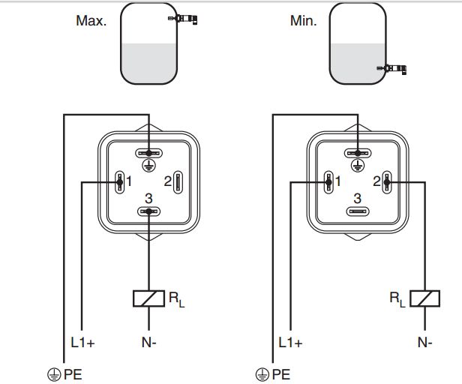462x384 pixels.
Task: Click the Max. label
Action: tap(91, 21)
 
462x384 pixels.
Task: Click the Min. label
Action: tap(303, 21)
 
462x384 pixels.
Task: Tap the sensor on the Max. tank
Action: tap(183, 19)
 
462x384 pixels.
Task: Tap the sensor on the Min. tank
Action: tap(391, 69)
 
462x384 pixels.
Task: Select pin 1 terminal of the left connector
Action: tap(120, 182)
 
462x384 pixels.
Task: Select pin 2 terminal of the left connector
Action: tap(178, 182)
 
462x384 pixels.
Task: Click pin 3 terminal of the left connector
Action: tap(148, 211)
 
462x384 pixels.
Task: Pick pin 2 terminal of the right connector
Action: tap(387, 182)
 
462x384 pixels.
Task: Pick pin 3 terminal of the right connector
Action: tap(358, 211)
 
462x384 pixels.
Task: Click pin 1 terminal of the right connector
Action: tap(328, 182)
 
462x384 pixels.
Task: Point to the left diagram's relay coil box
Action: tap(148, 298)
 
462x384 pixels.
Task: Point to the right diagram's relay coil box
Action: tap(424, 298)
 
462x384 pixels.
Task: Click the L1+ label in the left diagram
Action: tap(82, 343)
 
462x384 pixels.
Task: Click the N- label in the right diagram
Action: tap(424, 343)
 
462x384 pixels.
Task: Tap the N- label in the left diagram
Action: tap(148, 343)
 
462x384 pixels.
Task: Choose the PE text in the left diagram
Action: tap(73, 374)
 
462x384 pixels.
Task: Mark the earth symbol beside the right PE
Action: tap(262, 374)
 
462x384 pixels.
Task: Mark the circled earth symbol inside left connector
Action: tap(148, 165)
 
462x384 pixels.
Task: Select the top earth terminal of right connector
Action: tap(358, 153)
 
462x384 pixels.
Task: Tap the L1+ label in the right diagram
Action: tap(290, 343)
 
